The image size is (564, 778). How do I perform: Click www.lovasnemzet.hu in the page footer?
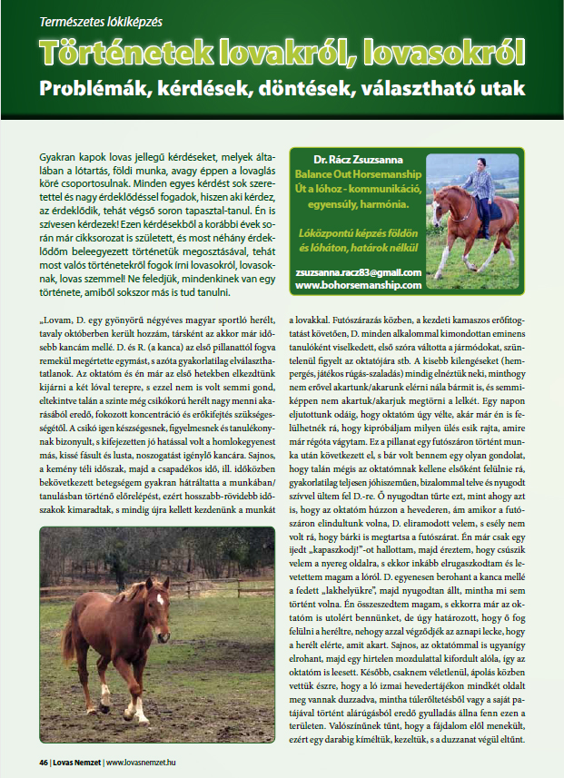[145, 761]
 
